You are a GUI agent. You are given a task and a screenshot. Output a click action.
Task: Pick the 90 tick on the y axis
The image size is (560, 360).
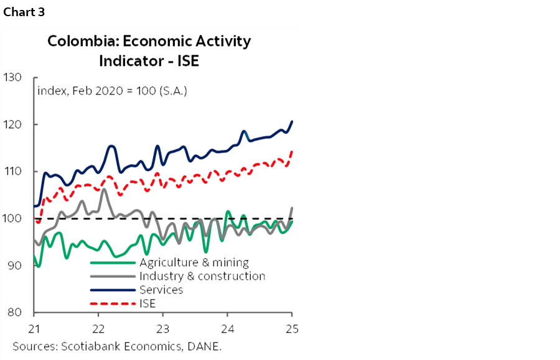(15, 265)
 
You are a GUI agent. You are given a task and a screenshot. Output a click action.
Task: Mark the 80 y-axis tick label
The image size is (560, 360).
(15, 312)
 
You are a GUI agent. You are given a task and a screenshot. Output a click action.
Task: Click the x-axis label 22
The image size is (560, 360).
(98, 328)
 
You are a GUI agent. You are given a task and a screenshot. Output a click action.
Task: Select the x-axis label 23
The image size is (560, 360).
(163, 328)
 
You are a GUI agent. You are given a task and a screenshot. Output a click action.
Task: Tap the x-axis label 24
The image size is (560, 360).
(227, 328)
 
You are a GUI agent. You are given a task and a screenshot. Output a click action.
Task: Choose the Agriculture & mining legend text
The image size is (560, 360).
(194, 262)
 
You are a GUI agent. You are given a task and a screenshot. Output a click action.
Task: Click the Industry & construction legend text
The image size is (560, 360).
(202, 276)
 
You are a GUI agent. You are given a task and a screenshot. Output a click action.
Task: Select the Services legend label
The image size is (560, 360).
(161, 290)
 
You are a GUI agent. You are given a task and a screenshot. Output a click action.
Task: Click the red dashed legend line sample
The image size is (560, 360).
(113, 304)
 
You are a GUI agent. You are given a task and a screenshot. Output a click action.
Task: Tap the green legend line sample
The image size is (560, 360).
(113, 262)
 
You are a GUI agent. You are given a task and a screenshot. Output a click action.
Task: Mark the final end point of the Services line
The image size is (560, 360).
(292, 121)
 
